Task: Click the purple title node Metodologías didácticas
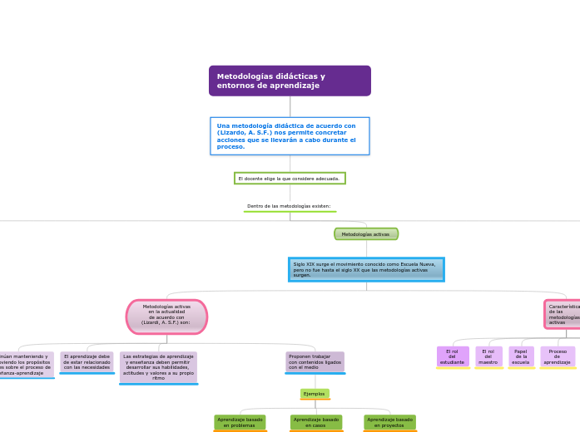coord(290,81)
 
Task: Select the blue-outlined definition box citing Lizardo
coord(290,136)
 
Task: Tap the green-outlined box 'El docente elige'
coord(290,179)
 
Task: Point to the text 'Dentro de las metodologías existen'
coord(289,206)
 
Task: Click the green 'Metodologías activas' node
coord(366,234)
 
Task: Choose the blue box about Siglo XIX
coord(366,269)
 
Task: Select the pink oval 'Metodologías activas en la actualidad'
coord(166,317)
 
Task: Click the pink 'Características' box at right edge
coord(563,315)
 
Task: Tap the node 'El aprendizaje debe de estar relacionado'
coord(87,361)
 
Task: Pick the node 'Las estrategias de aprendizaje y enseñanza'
coord(158,366)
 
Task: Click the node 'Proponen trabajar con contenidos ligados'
coord(315,361)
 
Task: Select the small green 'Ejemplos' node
coord(315,394)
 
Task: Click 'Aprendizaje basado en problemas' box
coord(240,423)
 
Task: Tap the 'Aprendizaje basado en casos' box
coord(316,423)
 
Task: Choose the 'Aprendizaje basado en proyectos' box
coord(389,423)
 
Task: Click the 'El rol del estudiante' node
coord(453,356)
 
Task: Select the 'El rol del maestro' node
coord(488,356)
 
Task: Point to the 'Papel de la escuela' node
coord(521,356)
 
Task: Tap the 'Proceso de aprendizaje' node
coord(558,356)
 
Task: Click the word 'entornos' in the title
coord(232,86)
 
